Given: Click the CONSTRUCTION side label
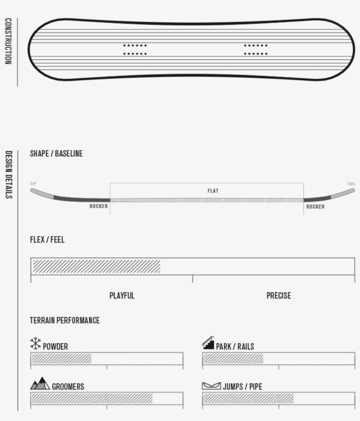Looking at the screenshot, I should click(x=8, y=41).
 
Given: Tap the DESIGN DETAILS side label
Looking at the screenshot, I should click(x=8, y=175).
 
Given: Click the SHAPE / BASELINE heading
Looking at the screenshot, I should click(x=56, y=154).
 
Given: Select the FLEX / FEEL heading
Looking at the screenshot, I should click(x=47, y=240).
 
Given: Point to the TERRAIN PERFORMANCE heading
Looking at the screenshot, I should click(x=65, y=321).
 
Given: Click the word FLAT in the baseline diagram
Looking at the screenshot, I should click(x=212, y=191).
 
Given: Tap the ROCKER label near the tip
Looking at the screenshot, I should click(x=98, y=206).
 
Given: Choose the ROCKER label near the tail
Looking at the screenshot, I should click(x=315, y=207).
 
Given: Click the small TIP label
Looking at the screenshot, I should click(x=33, y=184).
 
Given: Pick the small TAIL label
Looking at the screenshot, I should click(x=351, y=184).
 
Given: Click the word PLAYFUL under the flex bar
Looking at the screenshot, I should click(x=122, y=296).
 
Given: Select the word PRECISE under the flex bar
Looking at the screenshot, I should click(x=279, y=296).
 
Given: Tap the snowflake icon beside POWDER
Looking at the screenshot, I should click(x=36, y=344).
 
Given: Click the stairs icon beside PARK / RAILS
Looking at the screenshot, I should click(x=208, y=343).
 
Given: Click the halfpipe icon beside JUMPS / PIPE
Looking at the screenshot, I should click(x=212, y=386).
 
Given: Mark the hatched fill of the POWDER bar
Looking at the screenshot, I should click(x=61, y=358).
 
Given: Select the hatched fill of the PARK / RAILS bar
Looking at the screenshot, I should click(x=233, y=358).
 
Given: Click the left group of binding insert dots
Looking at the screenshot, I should click(x=135, y=50).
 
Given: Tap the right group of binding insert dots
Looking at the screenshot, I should click(x=256, y=50).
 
